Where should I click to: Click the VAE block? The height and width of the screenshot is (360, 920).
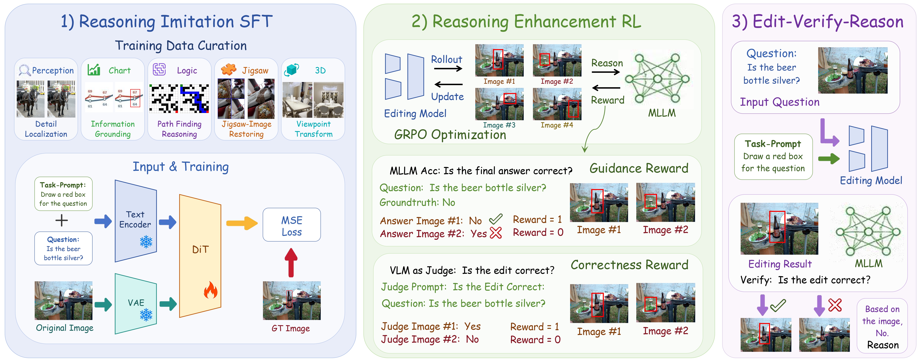136,304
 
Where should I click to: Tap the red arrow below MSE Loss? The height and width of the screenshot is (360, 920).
291,263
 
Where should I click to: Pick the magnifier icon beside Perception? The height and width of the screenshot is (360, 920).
24,70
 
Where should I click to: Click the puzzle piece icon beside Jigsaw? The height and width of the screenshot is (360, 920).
229,69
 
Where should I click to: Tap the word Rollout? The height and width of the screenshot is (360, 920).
446,59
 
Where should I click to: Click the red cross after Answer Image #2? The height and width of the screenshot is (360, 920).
496,233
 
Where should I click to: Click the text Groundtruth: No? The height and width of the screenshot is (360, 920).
417,202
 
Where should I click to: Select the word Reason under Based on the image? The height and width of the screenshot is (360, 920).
883,345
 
